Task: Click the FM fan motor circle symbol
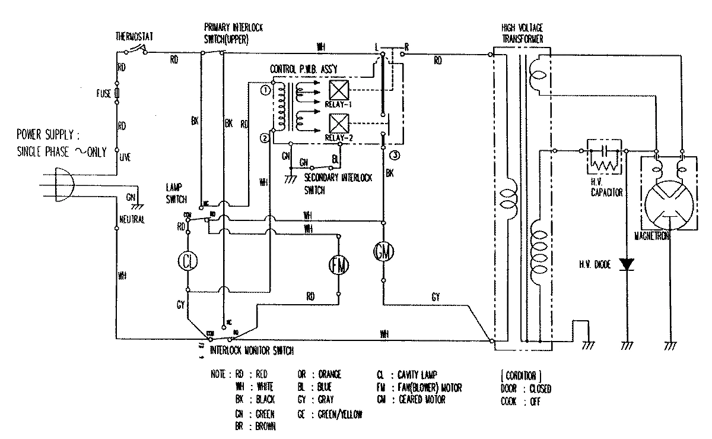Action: click(x=339, y=266)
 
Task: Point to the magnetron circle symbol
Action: click(x=669, y=203)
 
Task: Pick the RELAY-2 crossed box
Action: click(x=338, y=124)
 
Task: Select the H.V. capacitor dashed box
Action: click(x=605, y=157)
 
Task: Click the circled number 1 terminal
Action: click(x=264, y=89)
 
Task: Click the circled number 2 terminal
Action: click(x=264, y=138)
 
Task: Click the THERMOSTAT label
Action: click(x=135, y=37)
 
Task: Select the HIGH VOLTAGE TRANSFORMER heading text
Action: click(x=522, y=33)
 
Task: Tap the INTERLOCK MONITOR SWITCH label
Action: click(x=252, y=351)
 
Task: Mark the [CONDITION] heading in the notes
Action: click(x=521, y=375)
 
